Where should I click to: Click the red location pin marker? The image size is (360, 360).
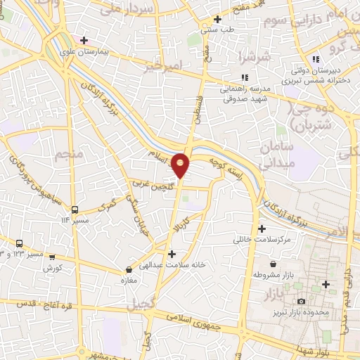[x=181, y=165]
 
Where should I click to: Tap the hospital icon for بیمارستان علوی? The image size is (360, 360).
[x=84, y=40]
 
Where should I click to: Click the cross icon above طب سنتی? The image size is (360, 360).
[x=218, y=19]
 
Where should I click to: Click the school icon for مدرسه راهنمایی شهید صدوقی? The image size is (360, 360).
[x=244, y=77]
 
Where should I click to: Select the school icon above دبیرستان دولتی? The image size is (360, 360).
[x=316, y=58]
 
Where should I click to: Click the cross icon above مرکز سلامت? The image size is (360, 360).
[x=262, y=229]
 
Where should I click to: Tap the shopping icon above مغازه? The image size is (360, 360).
[x=129, y=269]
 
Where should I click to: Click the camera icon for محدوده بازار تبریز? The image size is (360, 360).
[x=301, y=302]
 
